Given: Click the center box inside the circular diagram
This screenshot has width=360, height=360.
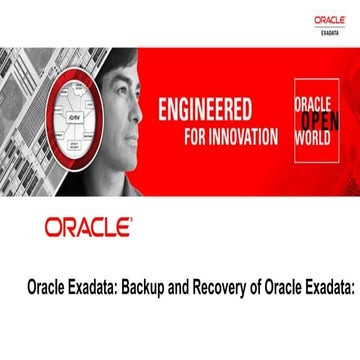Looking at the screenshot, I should tap(79, 117).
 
